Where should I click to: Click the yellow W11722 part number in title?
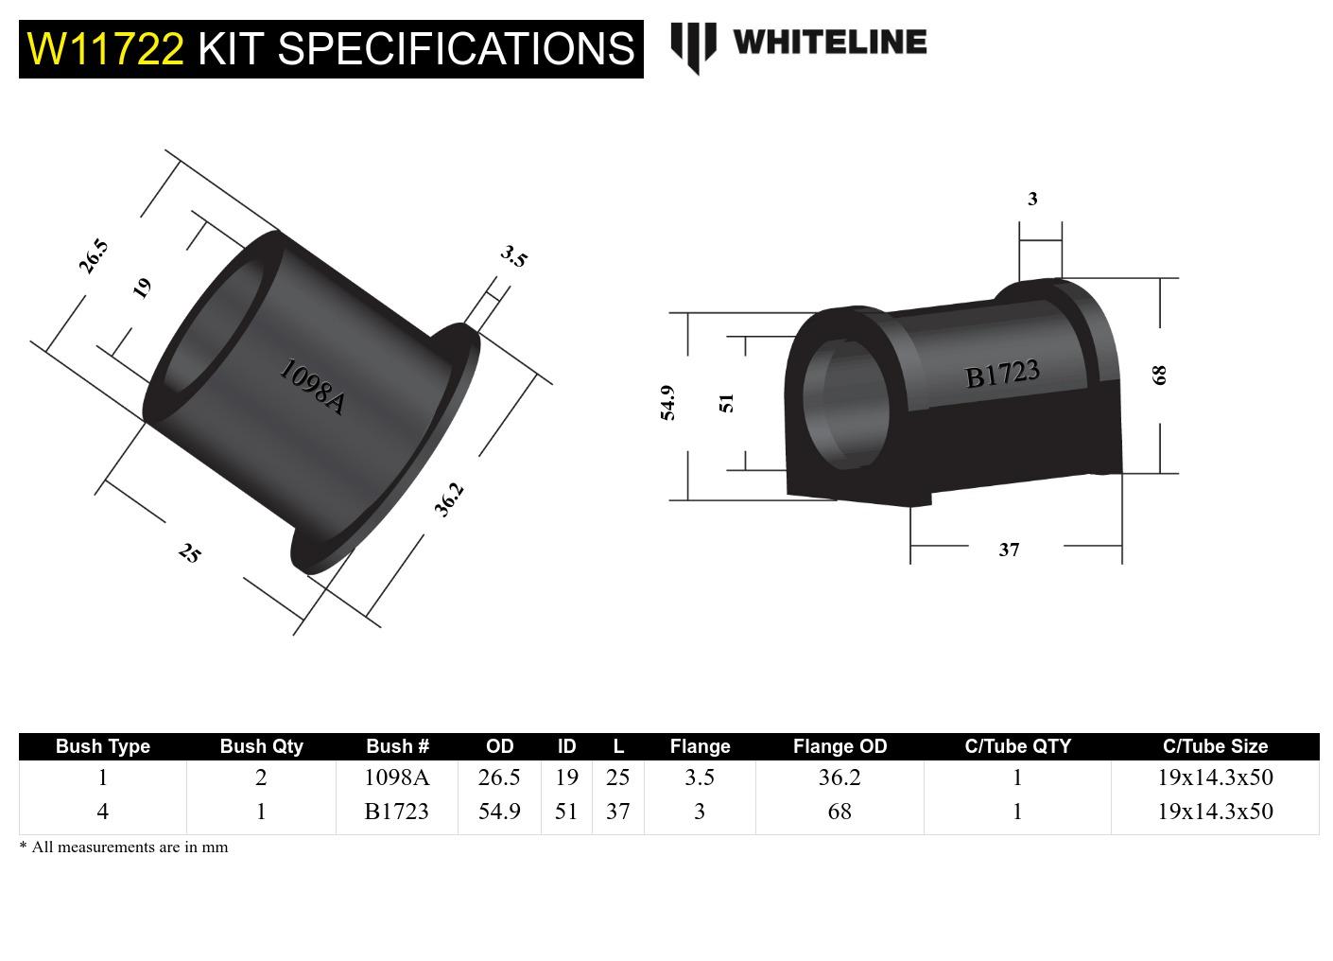106,49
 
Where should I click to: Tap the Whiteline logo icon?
693,45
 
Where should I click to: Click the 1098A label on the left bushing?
312,387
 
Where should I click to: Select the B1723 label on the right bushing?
1002,374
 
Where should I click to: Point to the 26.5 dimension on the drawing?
94,256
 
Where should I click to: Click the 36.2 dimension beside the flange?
449,499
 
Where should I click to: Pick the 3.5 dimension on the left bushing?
513,255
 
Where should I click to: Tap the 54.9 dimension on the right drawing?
667,403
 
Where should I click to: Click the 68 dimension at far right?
1159,375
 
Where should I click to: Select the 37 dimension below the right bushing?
1009,550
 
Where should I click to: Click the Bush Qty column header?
261,746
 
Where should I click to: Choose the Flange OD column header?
840,746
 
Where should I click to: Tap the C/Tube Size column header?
1215,746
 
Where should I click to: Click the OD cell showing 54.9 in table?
499,812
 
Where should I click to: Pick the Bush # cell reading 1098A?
397,778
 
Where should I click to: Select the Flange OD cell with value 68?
840,812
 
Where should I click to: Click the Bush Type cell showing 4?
102,812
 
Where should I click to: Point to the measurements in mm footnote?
124,847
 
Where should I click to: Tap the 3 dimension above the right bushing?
1032,199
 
